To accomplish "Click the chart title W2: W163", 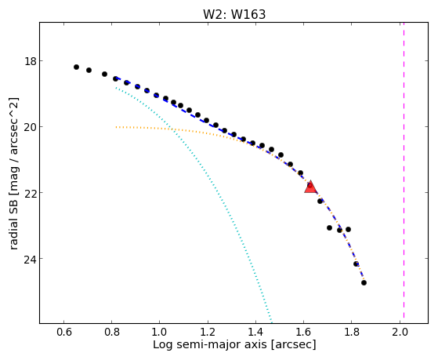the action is coord(234,14).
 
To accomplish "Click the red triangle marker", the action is coord(310,187).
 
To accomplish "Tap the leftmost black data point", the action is coord(76,67).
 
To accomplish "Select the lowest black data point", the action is coord(364,283).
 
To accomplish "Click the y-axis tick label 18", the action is coord(31,61).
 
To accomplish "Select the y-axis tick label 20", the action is coord(31,127).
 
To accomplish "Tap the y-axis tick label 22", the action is coord(31,193).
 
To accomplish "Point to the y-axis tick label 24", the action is coord(31,259).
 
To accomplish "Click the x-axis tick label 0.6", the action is coord(64,332).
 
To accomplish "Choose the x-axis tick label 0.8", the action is coord(112,332).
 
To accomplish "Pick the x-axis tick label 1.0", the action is coord(160,332).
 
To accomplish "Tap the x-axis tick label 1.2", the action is coord(208,332).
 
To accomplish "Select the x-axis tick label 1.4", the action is coord(255,332).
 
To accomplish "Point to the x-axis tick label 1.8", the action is coord(351,332).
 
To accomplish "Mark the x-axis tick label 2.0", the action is coord(400,332).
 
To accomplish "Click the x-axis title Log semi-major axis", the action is coord(209,344).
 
